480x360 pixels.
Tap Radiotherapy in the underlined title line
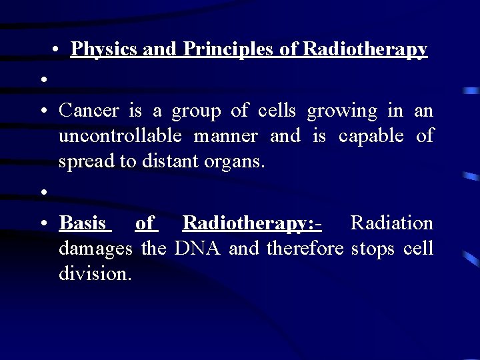(x=365, y=49)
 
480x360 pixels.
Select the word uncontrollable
(x=120, y=136)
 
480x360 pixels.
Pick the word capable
(x=371, y=136)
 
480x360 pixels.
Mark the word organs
(x=233, y=161)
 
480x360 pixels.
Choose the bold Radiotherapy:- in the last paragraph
(x=252, y=223)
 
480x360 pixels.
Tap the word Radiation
(x=391, y=223)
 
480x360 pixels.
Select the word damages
(x=97, y=249)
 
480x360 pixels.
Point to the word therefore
(x=305, y=248)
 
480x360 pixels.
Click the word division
(x=95, y=273)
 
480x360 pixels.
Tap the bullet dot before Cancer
(x=42, y=111)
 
